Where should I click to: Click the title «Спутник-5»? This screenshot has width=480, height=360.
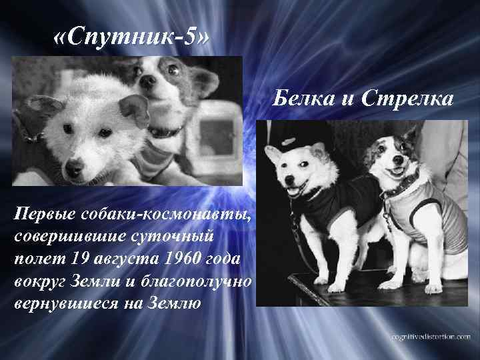click(131, 39)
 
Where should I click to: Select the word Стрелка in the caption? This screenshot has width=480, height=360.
click(407, 100)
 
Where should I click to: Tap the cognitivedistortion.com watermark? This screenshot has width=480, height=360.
click(423, 337)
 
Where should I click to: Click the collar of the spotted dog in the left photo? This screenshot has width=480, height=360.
click(165, 131)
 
